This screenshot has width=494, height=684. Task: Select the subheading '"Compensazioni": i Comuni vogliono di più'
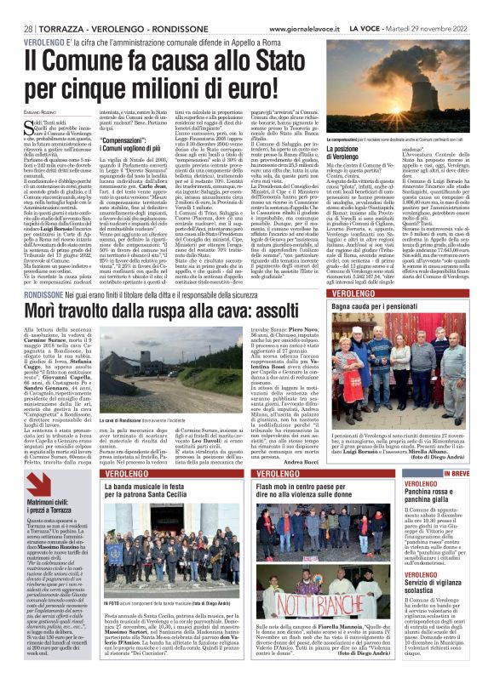(146, 234)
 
